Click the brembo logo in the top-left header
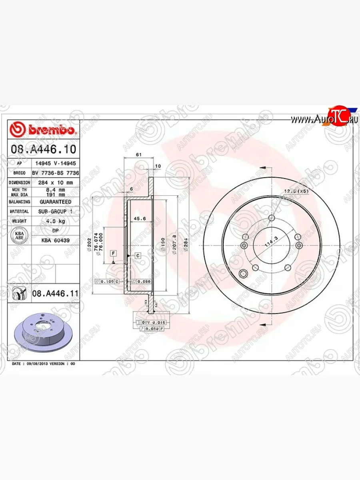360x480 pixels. click(x=43, y=130)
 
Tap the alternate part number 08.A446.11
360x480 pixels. click(x=55, y=294)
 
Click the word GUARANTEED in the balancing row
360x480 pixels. click(x=56, y=202)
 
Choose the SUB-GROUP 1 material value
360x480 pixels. click(x=56, y=211)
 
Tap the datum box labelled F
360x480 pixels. click(x=114, y=254)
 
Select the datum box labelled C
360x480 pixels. click(x=137, y=255)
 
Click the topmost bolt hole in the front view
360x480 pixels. click(x=272, y=218)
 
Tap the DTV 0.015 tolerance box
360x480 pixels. click(x=150, y=322)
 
